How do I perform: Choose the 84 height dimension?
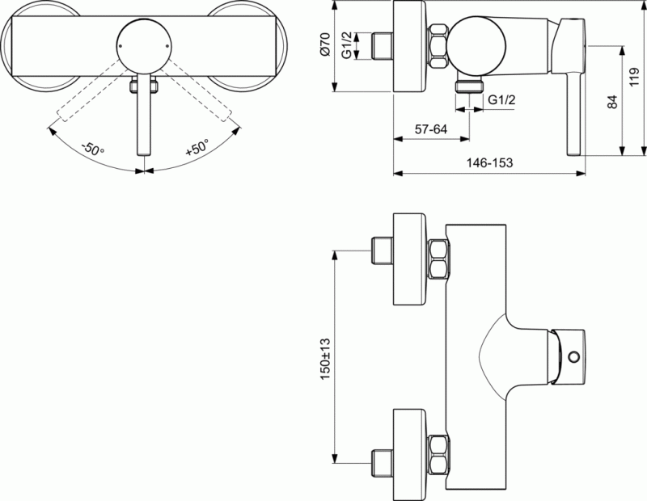point(611,102)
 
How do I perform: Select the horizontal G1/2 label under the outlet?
point(504,99)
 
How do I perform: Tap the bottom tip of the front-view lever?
point(143,152)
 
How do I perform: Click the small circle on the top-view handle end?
point(575,357)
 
